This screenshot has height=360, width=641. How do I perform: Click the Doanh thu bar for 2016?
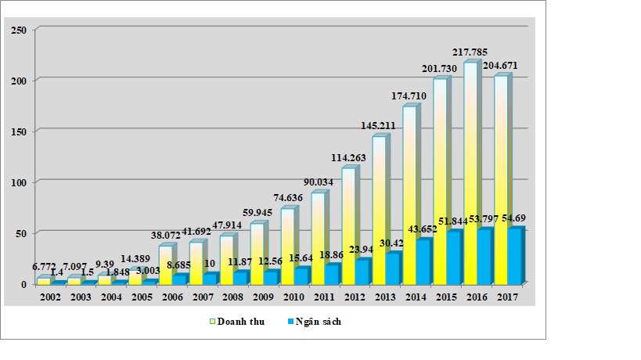pos(471,172)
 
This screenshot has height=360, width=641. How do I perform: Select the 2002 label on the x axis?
pos(49,297)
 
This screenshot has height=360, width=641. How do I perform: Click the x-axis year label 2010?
pos(294,297)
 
